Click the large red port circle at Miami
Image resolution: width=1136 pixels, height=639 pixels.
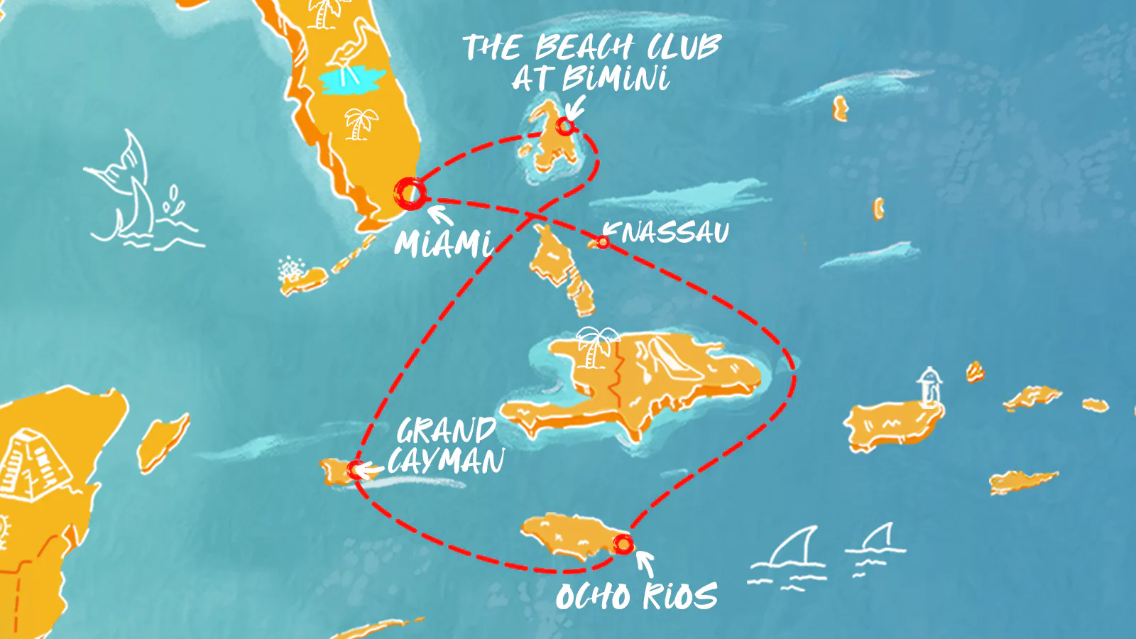[x=410, y=192]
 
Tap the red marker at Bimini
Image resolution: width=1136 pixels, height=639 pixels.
[x=565, y=126]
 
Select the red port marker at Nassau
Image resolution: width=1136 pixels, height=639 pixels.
[x=603, y=242]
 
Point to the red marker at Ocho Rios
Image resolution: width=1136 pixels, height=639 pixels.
[x=623, y=545]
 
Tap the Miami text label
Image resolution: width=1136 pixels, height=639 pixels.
[x=444, y=244]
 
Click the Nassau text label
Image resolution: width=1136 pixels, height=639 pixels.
[x=674, y=232]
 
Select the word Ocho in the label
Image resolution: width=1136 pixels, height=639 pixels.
[x=593, y=596]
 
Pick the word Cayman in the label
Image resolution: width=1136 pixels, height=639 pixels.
[x=447, y=461]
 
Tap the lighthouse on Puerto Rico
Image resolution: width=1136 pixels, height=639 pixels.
[x=929, y=387]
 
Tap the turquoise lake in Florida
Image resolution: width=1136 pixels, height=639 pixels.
[x=352, y=80]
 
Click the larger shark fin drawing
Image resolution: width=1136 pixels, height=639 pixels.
[x=792, y=550]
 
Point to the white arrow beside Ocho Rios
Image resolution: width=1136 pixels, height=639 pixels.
[x=644, y=562]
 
